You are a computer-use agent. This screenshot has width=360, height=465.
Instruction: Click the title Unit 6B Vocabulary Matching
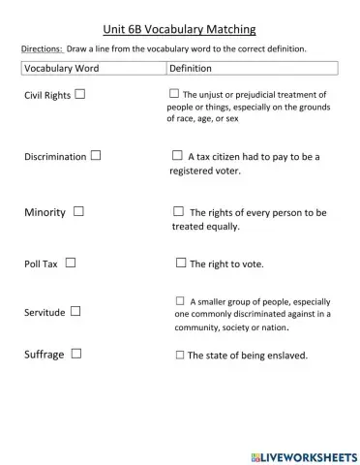click(x=179, y=29)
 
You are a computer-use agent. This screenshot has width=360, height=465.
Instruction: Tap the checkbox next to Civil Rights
click(x=79, y=94)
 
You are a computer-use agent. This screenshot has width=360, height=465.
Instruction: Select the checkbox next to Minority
click(x=77, y=210)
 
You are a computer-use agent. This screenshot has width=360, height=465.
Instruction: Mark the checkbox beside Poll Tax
click(x=71, y=262)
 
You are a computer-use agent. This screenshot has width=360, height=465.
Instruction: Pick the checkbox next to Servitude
click(x=75, y=311)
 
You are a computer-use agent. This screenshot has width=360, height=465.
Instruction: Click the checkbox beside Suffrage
click(x=75, y=354)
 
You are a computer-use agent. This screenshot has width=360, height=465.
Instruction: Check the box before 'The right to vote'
click(x=181, y=263)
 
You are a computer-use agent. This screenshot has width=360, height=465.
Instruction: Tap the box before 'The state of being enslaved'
click(x=180, y=356)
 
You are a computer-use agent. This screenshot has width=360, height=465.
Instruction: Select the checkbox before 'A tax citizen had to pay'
click(x=177, y=154)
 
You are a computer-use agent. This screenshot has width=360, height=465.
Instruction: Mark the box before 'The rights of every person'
click(x=178, y=210)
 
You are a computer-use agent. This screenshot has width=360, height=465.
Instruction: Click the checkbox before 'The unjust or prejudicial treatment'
click(x=174, y=93)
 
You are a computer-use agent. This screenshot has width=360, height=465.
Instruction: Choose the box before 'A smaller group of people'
click(x=180, y=300)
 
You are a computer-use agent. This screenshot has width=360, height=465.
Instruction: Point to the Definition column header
click(x=190, y=69)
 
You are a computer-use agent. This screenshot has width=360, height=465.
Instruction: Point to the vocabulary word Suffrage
click(x=44, y=355)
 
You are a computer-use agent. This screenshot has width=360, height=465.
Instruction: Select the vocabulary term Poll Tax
click(x=41, y=263)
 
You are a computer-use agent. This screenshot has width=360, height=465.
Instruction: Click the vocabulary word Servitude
click(x=45, y=312)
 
